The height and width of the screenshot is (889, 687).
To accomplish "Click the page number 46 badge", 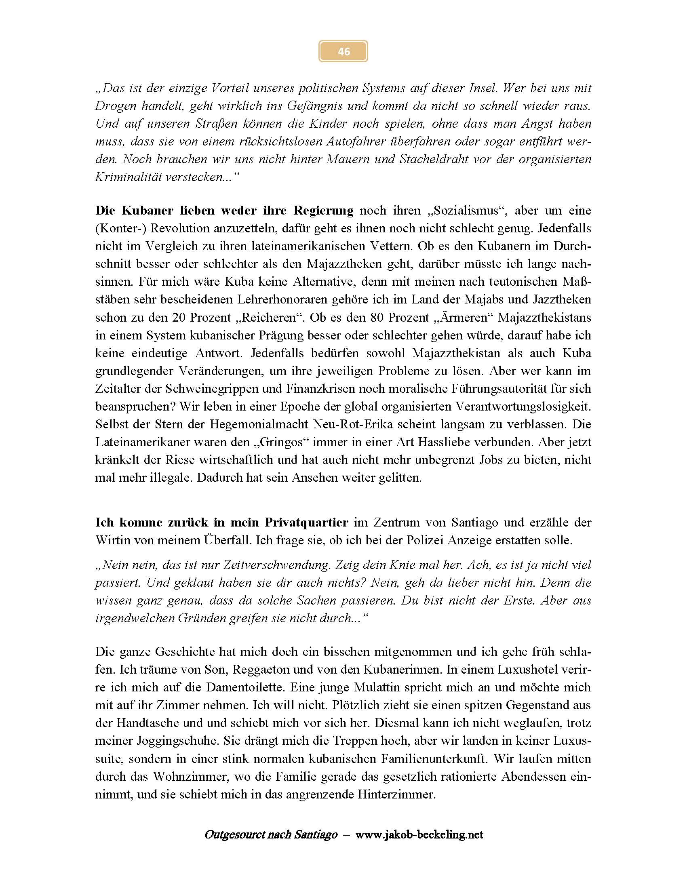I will pos(343,51).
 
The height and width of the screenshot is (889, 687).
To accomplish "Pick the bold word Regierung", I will pos(324,211).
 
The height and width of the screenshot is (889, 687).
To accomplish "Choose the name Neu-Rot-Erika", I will pos(352,424).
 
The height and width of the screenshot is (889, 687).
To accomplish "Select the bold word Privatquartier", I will pos(306,522).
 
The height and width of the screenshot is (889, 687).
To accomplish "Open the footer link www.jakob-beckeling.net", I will pos(419,835).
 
